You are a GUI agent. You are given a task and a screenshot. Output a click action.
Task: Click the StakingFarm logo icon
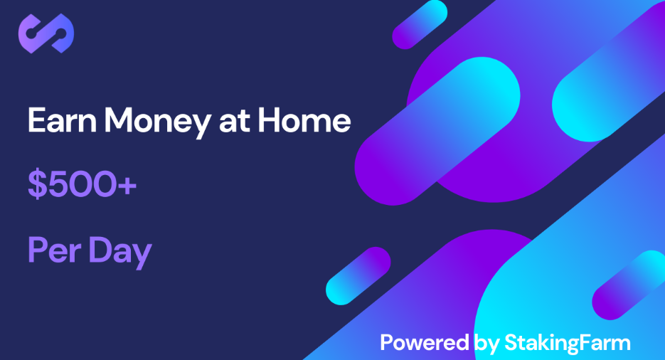[x=46, y=33]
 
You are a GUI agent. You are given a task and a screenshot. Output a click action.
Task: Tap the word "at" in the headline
[x=234, y=121]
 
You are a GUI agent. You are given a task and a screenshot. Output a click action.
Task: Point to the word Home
[x=304, y=120]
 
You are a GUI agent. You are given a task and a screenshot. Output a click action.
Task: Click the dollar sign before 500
[x=37, y=184]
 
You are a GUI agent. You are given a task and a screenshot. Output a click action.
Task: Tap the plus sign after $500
[x=127, y=186]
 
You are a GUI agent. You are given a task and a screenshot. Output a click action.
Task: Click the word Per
[x=54, y=250]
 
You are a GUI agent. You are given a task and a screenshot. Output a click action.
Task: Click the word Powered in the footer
[x=424, y=343]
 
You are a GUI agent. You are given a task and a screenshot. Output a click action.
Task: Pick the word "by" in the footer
[x=486, y=344]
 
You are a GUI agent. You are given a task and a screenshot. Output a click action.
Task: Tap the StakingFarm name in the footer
[x=568, y=344]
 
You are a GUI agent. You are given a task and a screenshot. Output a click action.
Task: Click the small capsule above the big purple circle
[x=420, y=24]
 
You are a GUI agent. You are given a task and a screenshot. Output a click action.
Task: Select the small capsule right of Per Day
[x=358, y=275]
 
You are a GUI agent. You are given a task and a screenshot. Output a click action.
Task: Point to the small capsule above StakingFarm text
[x=628, y=285]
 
